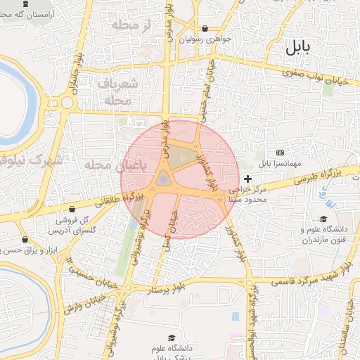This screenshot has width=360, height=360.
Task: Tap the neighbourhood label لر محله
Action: [x=136, y=26]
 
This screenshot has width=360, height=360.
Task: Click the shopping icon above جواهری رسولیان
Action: [x=205, y=29]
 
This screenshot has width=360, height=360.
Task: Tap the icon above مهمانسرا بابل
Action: [x=281, y=153]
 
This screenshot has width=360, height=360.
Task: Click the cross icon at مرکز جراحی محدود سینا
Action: [x=247, y=179]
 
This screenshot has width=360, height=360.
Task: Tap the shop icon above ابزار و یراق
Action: [x=25, y=238]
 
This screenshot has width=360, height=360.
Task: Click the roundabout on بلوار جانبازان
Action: [x=67, y=103]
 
